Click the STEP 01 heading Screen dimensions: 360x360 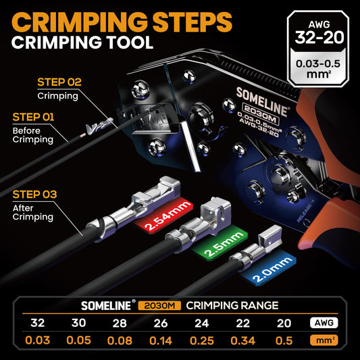click(33, 117)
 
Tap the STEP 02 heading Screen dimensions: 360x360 click(59, 82)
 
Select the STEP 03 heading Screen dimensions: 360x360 click(34, 195)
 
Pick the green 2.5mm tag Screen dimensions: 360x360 click(220, 243)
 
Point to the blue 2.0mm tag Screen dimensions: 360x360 click(269, 268)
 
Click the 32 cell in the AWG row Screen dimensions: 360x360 click(37, 323)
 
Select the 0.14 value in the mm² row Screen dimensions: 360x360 click(161, 340)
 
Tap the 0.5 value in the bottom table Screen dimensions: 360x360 click(284, 340)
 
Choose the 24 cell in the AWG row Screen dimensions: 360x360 click(202, 323)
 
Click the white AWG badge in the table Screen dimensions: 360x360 click(324, 323)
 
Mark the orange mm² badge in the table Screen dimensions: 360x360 click(324, 340)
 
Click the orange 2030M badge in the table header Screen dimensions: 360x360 click(159, 305)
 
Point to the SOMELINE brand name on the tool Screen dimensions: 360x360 click(262, 102)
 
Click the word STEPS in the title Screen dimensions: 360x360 click(192, 22)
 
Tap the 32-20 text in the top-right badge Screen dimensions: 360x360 click(319, 37)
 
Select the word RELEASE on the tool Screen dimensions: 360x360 click(305, 211)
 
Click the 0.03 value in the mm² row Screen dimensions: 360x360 click(37, 340)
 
